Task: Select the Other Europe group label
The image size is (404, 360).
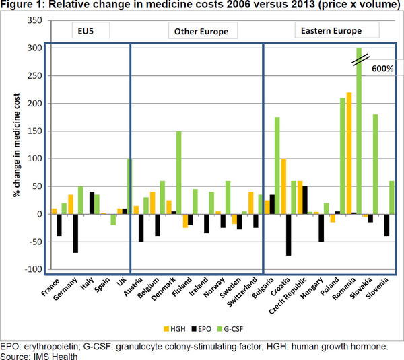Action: pos(201,32)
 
